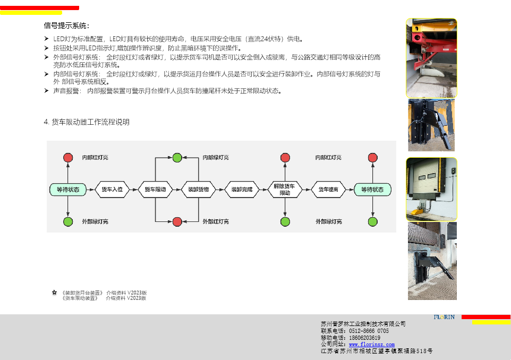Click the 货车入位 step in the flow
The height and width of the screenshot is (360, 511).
coord(112,190)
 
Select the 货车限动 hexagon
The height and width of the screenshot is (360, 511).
coord(155,190)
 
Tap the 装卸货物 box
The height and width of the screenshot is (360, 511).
coord(198,190)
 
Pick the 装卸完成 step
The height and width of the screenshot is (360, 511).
coord(242,190)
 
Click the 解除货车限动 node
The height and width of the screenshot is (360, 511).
coord(285,190)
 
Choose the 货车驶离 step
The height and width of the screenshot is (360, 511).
coord(328,190)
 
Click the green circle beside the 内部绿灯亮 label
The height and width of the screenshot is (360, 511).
coord(177,158)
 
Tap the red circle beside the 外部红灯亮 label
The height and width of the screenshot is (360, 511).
coord(177,221)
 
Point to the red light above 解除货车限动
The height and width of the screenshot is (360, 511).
coord(285,158)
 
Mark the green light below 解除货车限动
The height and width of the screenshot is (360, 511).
coord(285,221)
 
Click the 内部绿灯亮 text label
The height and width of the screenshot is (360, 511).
coord(216,158)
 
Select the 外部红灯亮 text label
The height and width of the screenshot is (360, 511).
coord(216,221)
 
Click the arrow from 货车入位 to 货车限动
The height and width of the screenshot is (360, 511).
coord(134,190)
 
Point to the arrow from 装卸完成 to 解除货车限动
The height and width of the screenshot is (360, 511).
coord(263,190)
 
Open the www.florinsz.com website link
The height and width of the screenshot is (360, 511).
coord(371,345)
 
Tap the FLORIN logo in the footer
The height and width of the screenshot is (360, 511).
coord(444,318)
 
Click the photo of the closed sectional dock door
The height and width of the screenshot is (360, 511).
coord(431,189)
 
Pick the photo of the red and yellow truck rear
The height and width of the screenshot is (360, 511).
coord(431,58)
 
